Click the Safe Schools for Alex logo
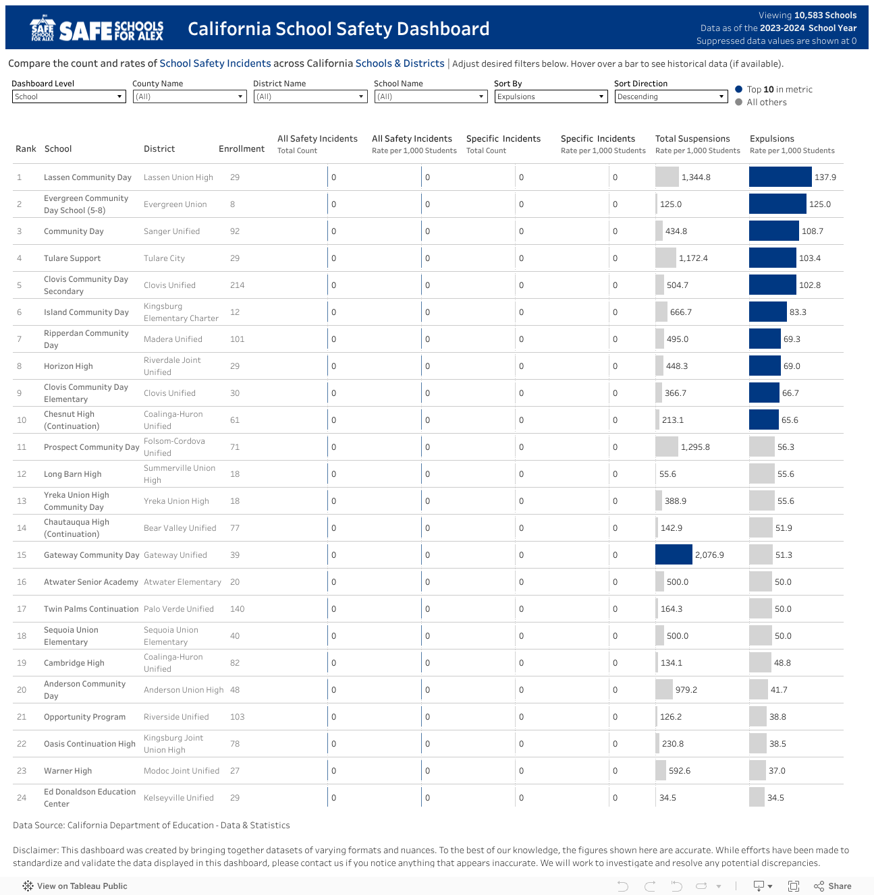tap(97, 29)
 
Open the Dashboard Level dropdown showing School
tap(69, 96)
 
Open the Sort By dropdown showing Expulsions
tap(551, 96)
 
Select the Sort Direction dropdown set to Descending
tap(671, 96)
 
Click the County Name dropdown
tap(189, 96)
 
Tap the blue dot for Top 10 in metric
tap(739, 89)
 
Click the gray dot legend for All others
tap(739, 103)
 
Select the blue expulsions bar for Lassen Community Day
tap(780, 177)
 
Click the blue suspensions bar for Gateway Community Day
tap(674, 554)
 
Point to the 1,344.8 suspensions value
tap(696, 177)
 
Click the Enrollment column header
tap(242, 148)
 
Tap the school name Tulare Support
tap(72, 258)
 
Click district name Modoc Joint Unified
tap(182, 771)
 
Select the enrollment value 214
tap(237, 285)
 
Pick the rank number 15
tap(22, 555)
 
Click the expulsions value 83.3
tap(798, 312)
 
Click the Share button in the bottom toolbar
tap(833, 886)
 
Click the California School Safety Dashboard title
tap(338, 29)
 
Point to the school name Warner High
tap(67, 771)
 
